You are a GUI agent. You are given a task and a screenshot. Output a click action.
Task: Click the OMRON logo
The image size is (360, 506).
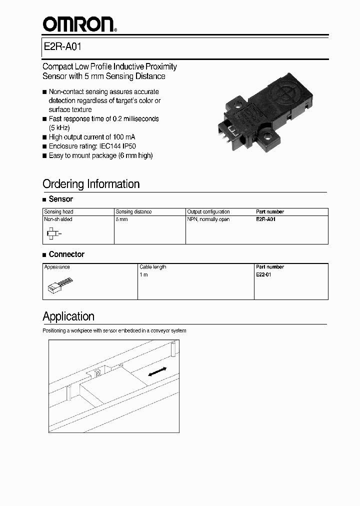[x=78, y=23]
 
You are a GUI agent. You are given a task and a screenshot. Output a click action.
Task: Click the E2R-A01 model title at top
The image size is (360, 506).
[x=62, y=47]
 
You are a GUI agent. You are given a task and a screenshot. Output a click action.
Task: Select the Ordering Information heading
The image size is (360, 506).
[x=91, y=184]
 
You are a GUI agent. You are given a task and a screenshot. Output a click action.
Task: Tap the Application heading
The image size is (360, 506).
[x=68, y=316]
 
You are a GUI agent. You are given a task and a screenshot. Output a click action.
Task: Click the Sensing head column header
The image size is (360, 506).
[x=59, y=212]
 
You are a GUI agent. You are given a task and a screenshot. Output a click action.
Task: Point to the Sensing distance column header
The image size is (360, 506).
[x=133, y=212]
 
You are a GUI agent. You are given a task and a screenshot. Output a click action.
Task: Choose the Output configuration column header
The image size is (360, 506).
[x=208, y=212]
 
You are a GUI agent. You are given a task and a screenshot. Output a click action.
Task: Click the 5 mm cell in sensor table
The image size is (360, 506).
[x=121, y=219]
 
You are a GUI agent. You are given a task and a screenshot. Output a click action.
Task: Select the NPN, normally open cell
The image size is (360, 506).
[x=208, y=219]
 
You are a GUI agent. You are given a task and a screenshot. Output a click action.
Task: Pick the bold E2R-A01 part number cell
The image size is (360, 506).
[x=265, y=219]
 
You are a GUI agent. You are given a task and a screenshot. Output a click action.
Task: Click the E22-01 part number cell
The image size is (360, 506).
[x=263, y=274]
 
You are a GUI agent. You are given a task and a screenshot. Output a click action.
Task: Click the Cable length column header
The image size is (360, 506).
[x=153, y=267]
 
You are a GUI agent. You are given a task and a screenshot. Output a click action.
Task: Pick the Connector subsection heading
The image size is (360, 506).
[x=66, y=254]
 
